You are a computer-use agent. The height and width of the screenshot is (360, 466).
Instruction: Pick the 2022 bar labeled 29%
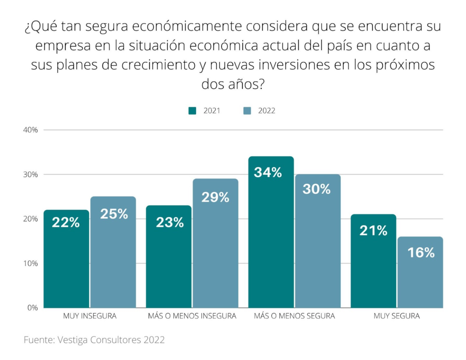tap(215, 243)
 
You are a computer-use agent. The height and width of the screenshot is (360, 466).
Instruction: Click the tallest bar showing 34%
tap(271, 232)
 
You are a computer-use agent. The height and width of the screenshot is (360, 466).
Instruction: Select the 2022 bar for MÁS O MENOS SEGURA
tap(318, 241)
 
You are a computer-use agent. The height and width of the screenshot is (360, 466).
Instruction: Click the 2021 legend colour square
tap(192, 111)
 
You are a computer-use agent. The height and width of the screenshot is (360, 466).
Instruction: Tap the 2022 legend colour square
tap(247, 111)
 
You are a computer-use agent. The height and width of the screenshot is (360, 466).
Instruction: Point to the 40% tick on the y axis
tap(30, 130)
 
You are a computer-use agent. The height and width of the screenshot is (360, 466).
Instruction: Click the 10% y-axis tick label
tap(30, 264)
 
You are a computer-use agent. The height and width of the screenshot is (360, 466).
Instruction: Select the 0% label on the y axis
tap(32, 308)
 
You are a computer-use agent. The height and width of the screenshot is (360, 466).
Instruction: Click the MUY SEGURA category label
tap(396, 316)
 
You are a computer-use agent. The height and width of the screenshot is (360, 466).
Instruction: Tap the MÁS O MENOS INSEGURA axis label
tap(192, 316)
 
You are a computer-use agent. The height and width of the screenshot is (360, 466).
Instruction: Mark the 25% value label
tap(114, 214)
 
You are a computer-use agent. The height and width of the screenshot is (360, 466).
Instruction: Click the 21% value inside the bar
tap(373, 231)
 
